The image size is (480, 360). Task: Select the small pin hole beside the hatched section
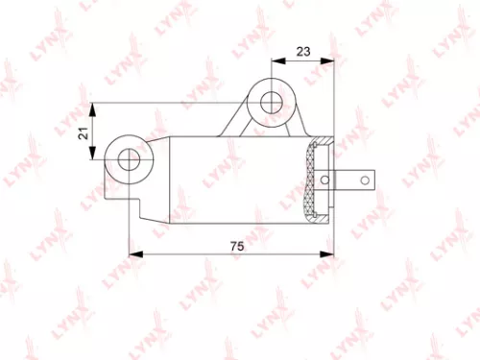pyautogui.click(x=328, y=179)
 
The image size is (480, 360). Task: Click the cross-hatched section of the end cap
pyautogui.click(x=313, y=181)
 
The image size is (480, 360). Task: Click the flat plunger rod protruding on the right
pyautogui.click(x=359, y=179)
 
